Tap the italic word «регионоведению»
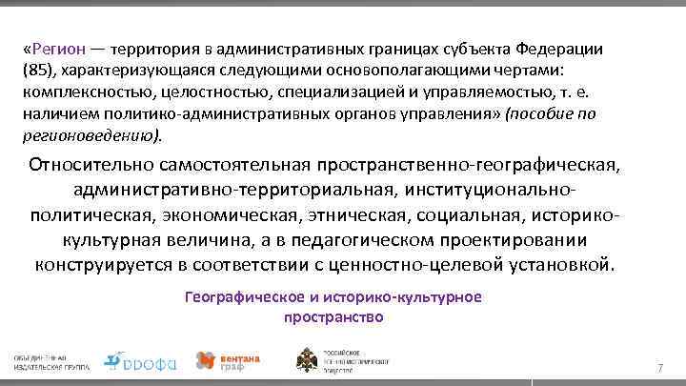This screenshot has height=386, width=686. [x=93, y=135]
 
